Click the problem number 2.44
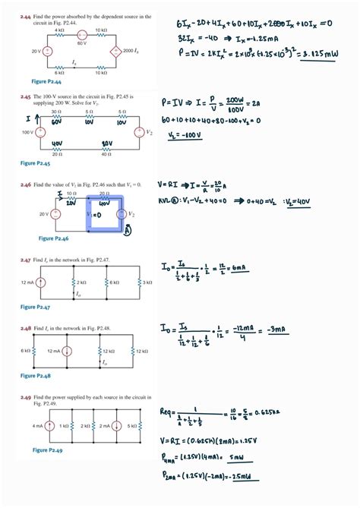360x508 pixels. coord(26,16)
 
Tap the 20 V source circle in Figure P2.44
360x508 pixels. coord(47,51)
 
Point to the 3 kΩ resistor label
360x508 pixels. coord(147,282)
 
